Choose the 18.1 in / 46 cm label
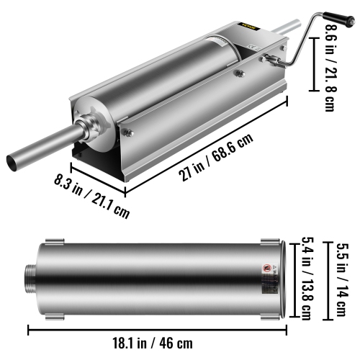point(161,345)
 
